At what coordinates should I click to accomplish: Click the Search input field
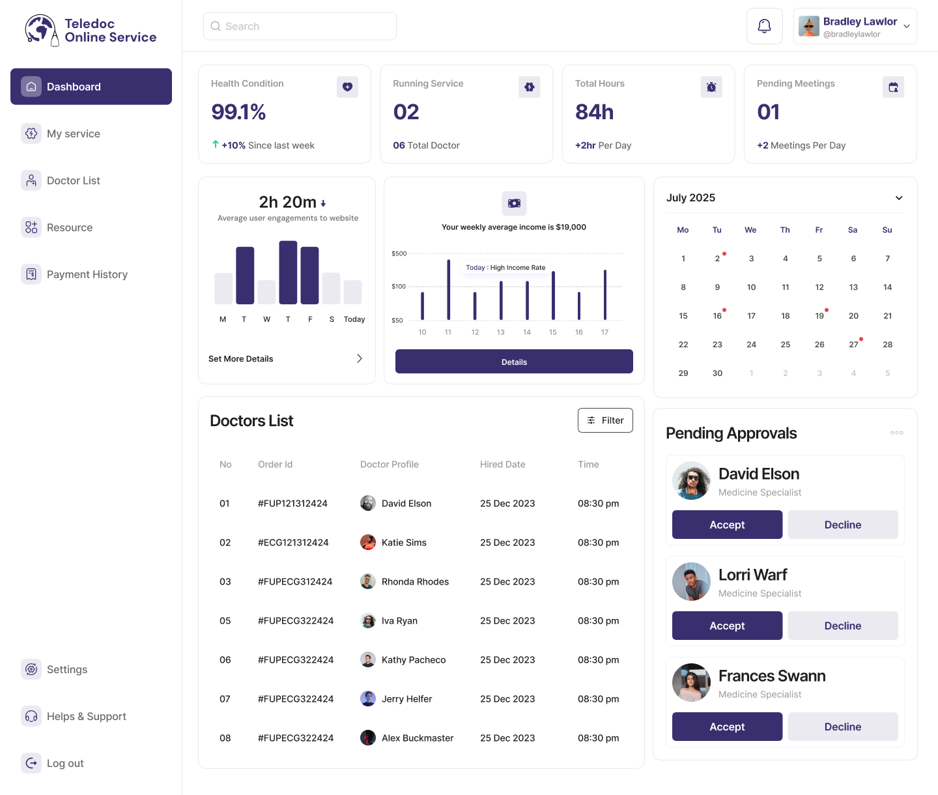(300, 26)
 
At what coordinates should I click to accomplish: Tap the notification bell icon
(764, 26)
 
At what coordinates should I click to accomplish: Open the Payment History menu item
(87, 274)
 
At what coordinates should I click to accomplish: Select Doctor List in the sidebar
(73, 181)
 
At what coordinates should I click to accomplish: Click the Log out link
(64, 763)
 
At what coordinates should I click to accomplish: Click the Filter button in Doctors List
(605, 420)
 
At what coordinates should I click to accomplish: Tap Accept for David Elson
(727, 525)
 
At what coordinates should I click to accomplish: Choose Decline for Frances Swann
(842, 727)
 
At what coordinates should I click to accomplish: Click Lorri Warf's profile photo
(691, 581)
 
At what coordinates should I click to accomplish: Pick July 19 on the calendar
(819, 316)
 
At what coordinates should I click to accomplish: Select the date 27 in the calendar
(853, 345)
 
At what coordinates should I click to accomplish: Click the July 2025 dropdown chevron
(899, 198)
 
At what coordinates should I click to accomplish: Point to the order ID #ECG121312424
(293, 543)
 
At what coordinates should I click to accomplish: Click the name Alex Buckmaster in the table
(418, 738)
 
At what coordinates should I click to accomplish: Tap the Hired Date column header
(502, 465)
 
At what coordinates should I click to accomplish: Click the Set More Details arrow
(359, 359)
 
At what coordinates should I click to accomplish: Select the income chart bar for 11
(448, 290)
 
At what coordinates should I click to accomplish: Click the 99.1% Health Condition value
(238, 112)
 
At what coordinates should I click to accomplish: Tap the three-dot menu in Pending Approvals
(897, 433)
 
